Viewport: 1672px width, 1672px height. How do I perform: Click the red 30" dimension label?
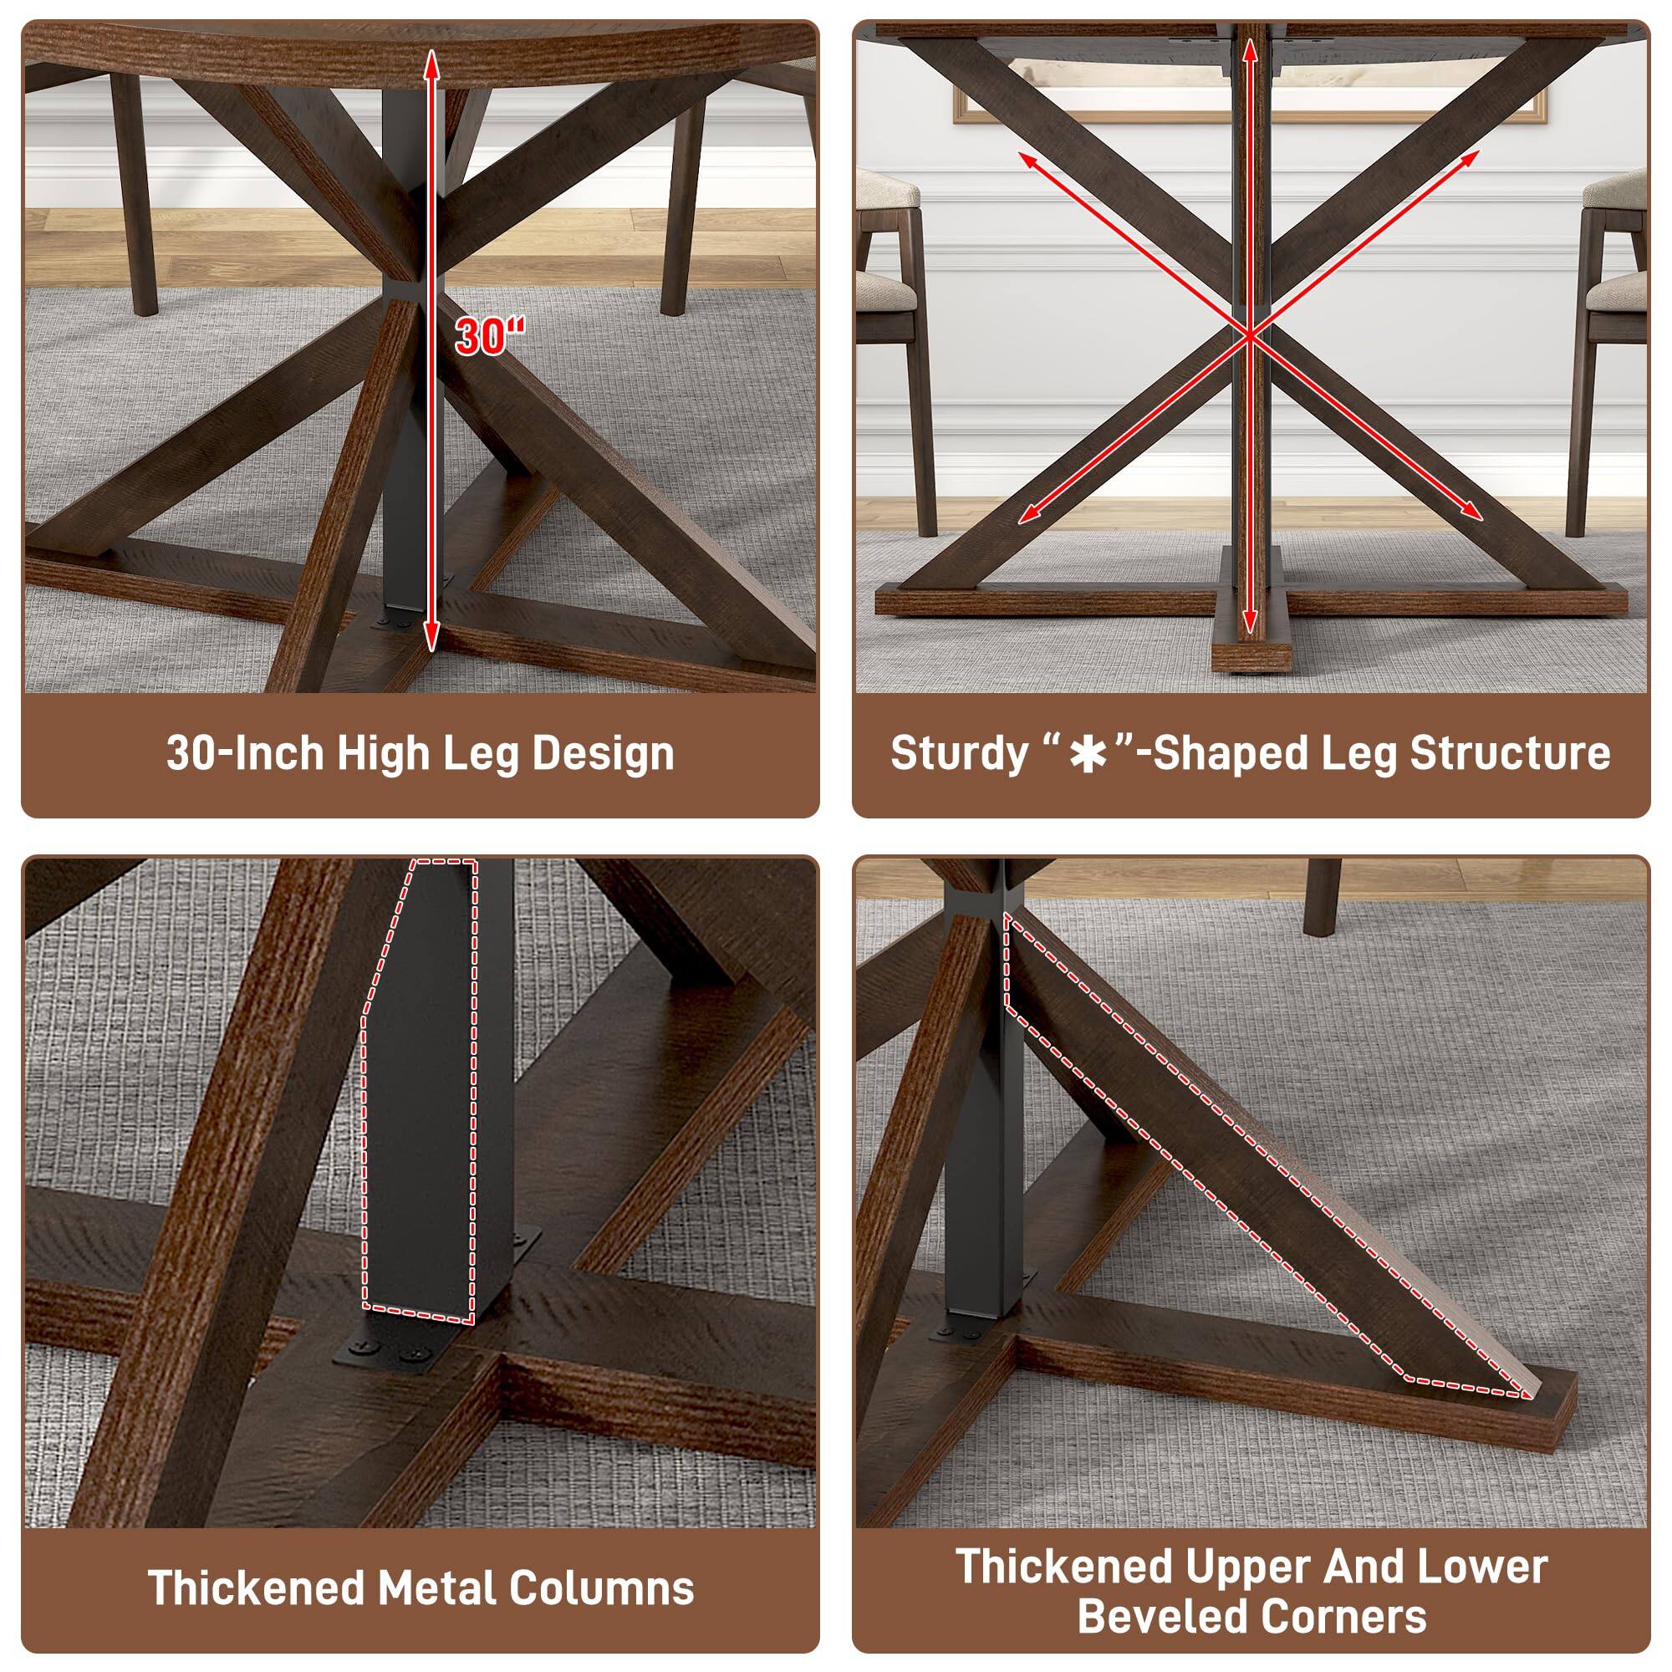click(x=490, y=335)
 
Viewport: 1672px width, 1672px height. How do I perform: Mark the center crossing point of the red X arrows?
click(x=1249, y=334)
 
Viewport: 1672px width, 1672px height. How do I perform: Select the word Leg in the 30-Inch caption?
click(x=483, y=753)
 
